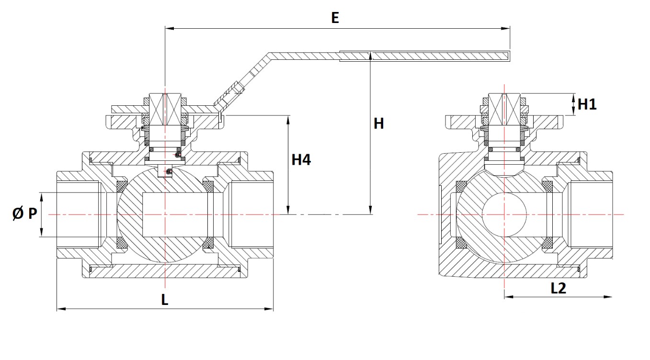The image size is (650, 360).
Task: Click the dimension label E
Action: pos(335,18)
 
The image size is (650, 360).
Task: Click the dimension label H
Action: pos(379,124)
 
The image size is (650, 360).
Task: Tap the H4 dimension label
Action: pos(301,160)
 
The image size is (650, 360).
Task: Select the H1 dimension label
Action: pos(587,104)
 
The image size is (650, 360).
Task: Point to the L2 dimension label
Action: pos(559,288)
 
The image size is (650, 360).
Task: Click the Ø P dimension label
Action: pos(24,214)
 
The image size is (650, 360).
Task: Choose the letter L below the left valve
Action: pos(164,300)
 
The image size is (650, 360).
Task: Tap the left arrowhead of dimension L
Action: pos(60,309)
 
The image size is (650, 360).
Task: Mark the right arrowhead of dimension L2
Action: pos(609,297)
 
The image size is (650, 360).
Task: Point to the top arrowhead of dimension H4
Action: pos(288,119)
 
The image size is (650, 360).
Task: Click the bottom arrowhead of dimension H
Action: pos(371,211)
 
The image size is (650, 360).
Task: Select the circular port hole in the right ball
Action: pos(504,214)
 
